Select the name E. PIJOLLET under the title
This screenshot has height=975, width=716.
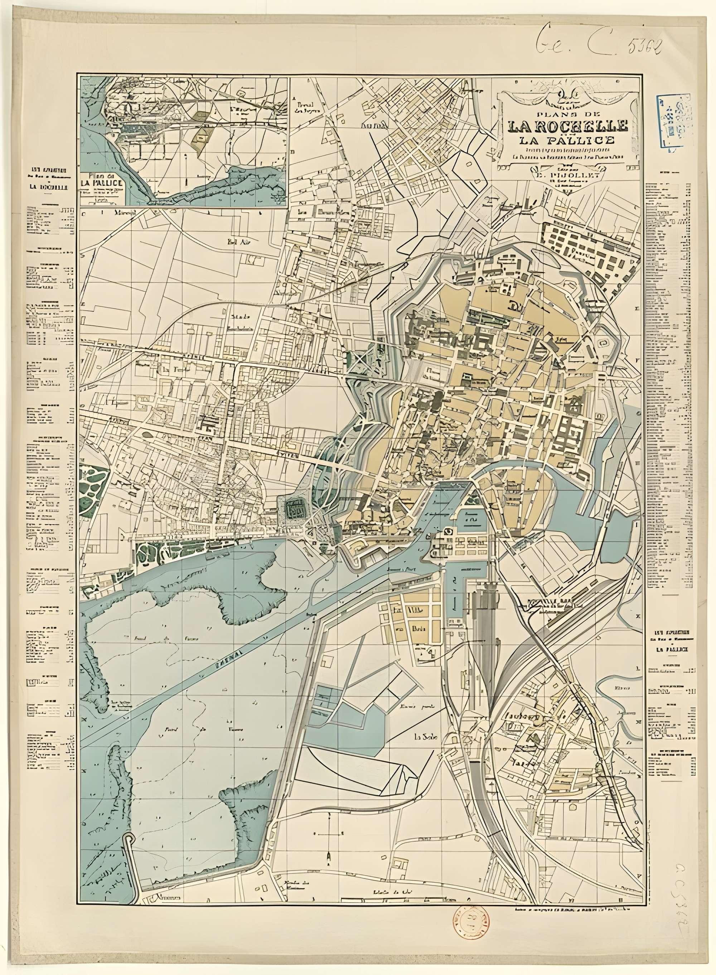click(568, 175)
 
